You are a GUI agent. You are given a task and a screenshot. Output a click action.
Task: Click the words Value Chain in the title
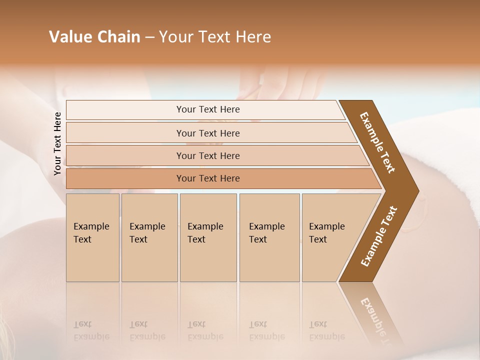point(94,37)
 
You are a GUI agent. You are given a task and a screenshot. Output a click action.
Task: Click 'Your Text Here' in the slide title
point(215,37)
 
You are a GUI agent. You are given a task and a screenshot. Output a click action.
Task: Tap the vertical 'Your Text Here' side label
point(57,144)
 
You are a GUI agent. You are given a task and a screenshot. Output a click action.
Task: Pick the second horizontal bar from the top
point(208,133)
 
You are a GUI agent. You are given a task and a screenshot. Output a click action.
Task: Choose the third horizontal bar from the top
point(208,155)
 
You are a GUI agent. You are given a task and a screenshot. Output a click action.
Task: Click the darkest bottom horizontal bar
point(208,178)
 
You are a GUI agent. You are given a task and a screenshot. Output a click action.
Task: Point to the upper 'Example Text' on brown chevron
point(377,142)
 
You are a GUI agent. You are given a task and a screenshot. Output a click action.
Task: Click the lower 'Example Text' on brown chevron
point(379,236)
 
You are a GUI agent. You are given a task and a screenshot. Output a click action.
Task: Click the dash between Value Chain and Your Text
point(149,37)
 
